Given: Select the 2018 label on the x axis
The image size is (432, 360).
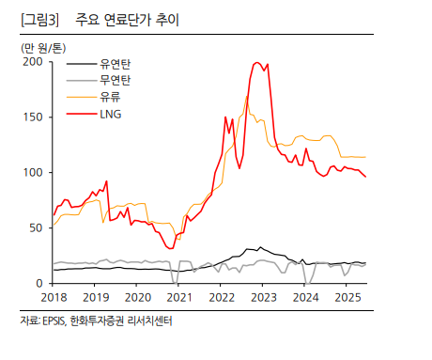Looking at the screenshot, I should [54, 298].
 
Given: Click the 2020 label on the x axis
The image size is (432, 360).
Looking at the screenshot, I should [137, 298].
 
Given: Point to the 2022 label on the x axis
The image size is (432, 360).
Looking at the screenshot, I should [221, 298].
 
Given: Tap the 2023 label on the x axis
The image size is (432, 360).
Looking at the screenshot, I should [262, 298].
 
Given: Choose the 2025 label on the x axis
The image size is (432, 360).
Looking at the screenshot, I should [346, 298].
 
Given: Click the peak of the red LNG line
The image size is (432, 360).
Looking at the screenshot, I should [257, 63].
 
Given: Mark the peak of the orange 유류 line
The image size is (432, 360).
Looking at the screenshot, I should [247, 96].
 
